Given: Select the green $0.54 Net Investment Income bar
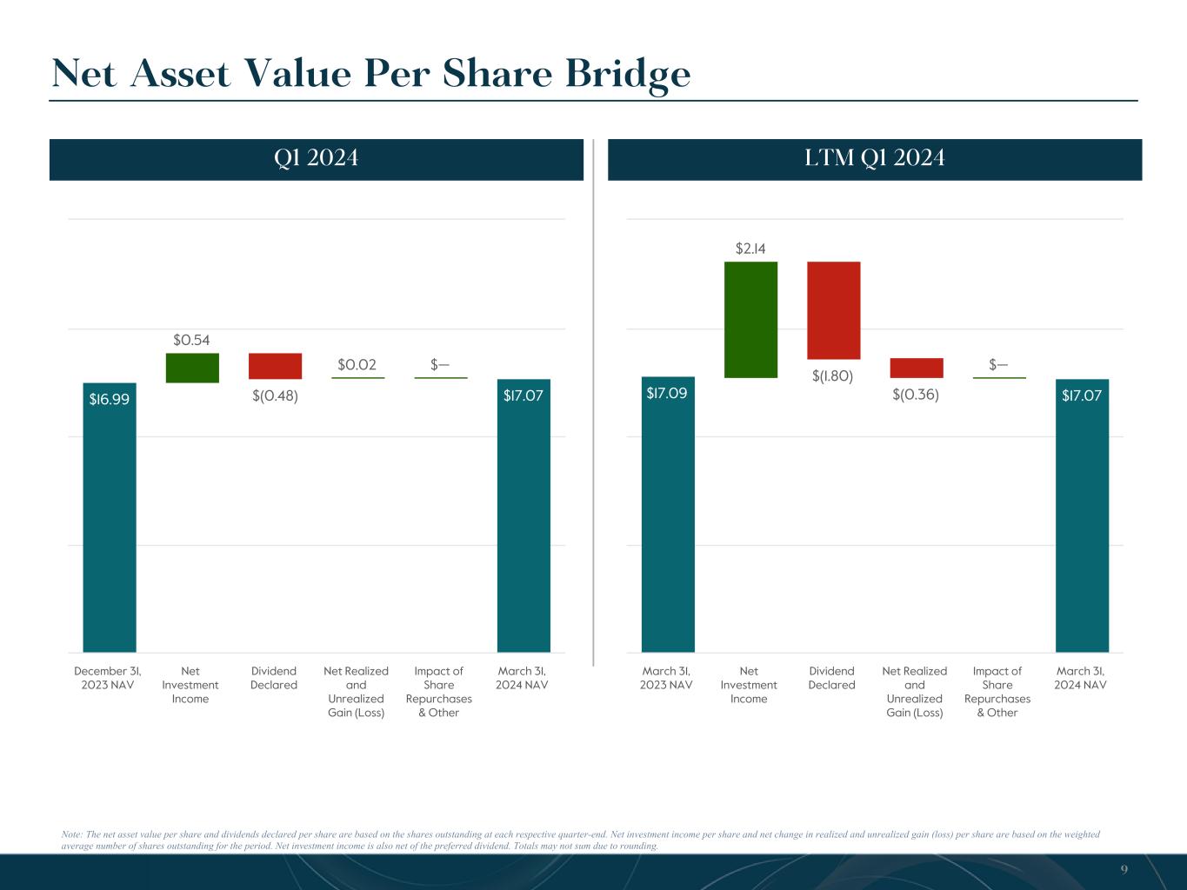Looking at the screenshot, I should pyautogui.click(x=192, y=368).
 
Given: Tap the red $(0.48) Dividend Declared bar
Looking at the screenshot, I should pyautogui.click(x=275, y=366).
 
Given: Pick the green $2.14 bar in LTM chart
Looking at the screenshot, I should pyautogui.click(x=750, y=319).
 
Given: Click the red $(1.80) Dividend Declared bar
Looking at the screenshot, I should pyautogui.click(x=833, y=310).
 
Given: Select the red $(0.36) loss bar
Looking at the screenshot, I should pyautogui.click(x=916, y=368).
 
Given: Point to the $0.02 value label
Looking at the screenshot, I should pyautogui.click(x=357, y=364).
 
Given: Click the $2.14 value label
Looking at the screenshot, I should pyautogui.click(x=750, y=249).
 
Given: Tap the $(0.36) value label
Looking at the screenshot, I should pyautogui.click(x=916, y=395).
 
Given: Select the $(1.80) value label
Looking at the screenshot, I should pyautogui.click(x=832, y=375).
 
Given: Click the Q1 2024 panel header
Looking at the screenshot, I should pyautogui.click(x=316, y=159).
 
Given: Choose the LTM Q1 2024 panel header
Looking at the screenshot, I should pyautogui.click(x=874, y=159).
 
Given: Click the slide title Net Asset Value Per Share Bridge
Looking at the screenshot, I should pyautogui.click(x=371, y=74).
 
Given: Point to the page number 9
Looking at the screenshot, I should pyautogui.click(x=1124, y=869).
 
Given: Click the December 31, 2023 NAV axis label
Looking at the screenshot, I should pyautogui.click(x=108, y=678).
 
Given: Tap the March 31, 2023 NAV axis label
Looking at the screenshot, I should pyautogui.click(x=666, y=678).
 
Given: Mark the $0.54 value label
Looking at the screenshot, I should pyautogui.click(x=191, y=340).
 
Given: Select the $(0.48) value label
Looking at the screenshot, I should pyautogui.click(x=275, y=396).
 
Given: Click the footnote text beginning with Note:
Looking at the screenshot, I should pyautogui.click(x=581, y=840).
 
